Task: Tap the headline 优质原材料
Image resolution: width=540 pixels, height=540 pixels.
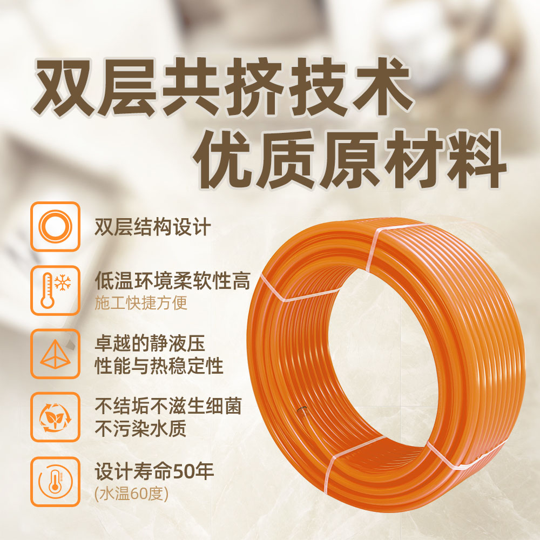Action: pos(349,159)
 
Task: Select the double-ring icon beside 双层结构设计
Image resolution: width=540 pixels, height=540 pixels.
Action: pos(55,226)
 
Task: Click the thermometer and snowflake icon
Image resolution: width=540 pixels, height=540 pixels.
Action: pos(55,291)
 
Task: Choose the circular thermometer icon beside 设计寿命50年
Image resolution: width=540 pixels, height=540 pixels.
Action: pos(55,482)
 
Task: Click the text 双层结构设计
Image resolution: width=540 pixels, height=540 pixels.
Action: pos(153,227)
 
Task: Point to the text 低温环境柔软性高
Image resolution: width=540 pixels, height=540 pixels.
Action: pos(172,281)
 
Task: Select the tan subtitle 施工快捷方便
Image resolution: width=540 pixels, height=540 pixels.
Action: pos(141,303)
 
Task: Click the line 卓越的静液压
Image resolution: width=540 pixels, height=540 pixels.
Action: pos(150,343)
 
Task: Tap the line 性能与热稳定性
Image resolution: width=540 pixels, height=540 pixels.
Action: pos(159,366)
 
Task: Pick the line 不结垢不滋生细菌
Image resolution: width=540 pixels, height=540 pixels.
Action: pos(168,407)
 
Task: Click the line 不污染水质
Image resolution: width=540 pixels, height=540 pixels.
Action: pos(140,428)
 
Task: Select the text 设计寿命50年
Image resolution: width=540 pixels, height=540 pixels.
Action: pos(154,471)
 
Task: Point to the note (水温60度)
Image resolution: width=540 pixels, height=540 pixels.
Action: pos(131,494)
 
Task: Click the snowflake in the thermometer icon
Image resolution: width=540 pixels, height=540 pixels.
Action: pos(63,283)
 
